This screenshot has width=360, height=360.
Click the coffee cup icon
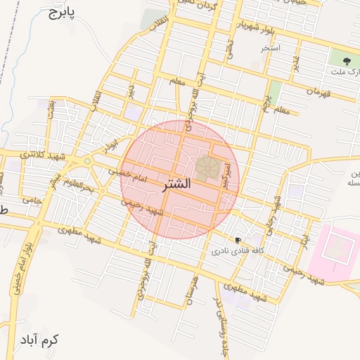(238, 240)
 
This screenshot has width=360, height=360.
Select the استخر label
(270, 48)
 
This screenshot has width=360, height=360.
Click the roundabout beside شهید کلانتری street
(87, 162)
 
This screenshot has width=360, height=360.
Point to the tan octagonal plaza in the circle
(207, 167)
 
